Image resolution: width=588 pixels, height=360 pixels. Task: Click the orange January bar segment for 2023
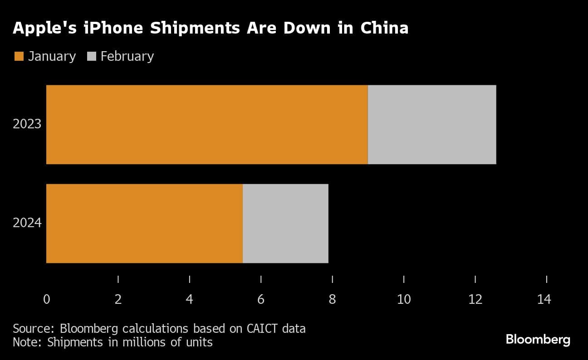click(207, 124)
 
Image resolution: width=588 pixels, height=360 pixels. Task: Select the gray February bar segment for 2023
click(431, 124)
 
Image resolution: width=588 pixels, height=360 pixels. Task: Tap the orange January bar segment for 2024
click(144, 223)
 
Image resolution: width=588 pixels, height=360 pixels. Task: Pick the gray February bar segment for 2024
click(285, 223)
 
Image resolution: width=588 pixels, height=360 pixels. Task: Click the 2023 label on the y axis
click(27, 124)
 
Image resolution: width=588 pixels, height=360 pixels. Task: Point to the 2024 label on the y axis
click(27, 223)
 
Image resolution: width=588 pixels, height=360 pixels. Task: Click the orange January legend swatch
click(19, 56)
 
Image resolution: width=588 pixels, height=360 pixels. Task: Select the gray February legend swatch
click(91, 56)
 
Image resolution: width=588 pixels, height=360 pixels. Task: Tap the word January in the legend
click(52, 56)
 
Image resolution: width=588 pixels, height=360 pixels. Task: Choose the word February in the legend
click(127, 56)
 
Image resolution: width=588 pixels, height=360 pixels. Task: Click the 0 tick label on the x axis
click(47, 299)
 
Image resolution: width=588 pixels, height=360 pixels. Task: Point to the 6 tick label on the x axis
click(261, 299)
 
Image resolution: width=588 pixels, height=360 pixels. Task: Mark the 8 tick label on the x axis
click(333, 299)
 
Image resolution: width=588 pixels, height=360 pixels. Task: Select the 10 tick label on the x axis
click(404, 299)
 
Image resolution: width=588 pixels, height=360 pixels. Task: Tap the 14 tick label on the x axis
click(544, 299)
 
